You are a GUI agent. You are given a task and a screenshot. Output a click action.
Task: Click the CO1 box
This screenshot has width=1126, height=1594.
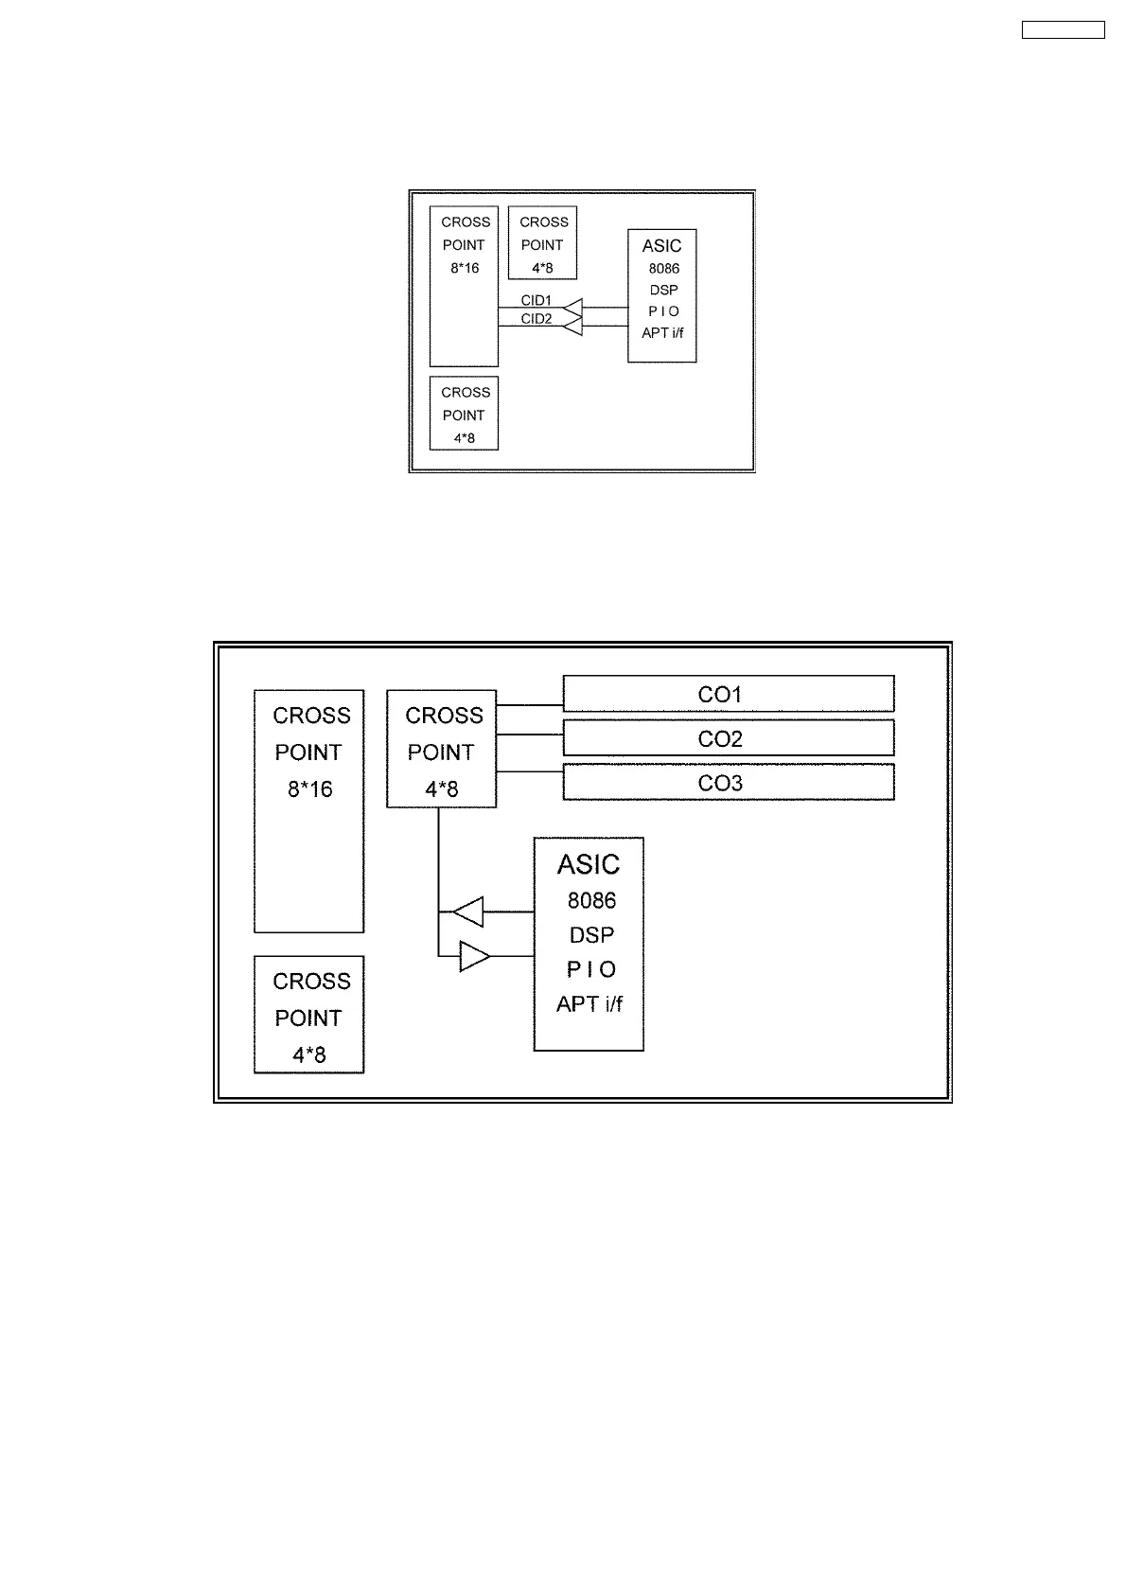[728, 694]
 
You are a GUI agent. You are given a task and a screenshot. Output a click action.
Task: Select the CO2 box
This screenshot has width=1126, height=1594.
[728, 738]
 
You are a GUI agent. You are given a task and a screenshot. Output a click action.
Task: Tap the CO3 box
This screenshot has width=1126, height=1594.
[728, 783]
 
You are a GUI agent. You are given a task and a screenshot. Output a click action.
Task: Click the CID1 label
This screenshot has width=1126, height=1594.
[536, 300]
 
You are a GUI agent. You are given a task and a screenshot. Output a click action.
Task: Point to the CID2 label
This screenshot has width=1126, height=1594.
[536, 319]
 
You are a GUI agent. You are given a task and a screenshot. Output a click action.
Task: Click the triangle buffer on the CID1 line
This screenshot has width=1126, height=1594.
[572, 307]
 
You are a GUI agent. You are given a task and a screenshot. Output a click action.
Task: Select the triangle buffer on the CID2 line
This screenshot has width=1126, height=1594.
[572, 326]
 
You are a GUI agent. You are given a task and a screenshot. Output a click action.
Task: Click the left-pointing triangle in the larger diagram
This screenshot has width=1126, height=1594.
[468, 912]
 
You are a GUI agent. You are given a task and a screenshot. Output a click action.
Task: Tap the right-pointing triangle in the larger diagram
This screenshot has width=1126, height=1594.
[474, 956]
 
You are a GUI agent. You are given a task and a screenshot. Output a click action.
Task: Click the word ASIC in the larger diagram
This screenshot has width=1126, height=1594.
[589, 864]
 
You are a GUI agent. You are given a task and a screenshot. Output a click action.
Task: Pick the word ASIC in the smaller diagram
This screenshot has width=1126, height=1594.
[661, 245]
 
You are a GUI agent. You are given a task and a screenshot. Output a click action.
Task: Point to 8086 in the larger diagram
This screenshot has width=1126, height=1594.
[591, 900]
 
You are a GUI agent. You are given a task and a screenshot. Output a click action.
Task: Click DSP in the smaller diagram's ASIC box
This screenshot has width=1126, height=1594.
[663, 290]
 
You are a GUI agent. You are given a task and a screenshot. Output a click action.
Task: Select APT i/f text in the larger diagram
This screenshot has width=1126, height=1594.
[589, 1004]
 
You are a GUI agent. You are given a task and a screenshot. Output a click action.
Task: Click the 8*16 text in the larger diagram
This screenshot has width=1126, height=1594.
[310, 788]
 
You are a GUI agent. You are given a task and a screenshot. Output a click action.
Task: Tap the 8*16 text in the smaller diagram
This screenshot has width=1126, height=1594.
[465, 268]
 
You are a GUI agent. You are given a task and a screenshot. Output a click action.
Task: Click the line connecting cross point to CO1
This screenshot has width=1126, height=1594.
[529, 705]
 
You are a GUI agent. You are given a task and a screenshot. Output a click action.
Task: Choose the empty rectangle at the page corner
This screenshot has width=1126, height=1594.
[1063, 29]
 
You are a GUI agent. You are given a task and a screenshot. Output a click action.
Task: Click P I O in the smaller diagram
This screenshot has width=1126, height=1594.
[663, 311]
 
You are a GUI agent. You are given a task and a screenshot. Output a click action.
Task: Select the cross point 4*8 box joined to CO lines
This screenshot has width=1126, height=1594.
[441, 749]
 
